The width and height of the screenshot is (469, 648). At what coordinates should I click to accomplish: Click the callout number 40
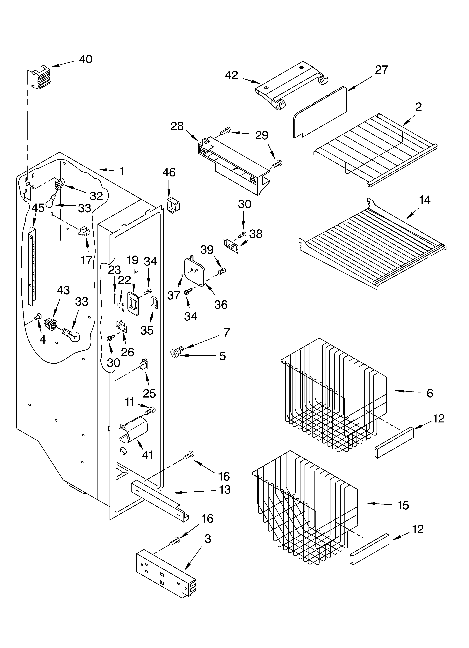click(x=85, y=59)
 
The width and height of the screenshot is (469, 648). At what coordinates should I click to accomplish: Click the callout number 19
click(x=133, y=260)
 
